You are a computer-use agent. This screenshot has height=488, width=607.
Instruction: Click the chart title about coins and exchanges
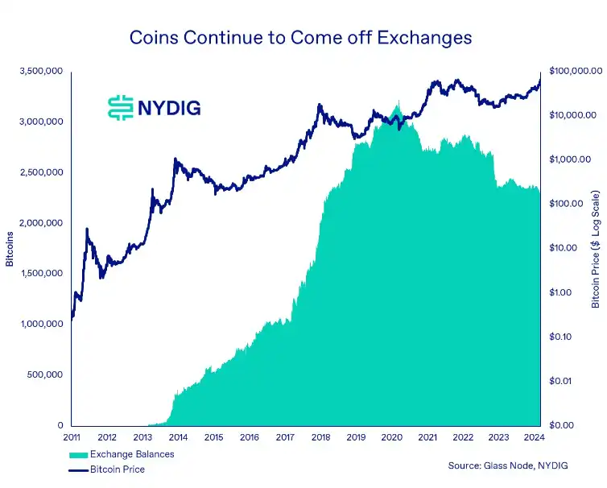click(x=300, y=38)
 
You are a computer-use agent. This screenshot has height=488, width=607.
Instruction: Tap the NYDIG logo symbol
click(x=121, y=107)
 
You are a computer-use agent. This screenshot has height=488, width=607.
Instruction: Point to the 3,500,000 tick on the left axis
click(x=42, y=72)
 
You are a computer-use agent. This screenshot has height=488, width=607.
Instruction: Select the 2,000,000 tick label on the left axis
click(x=42, y=223)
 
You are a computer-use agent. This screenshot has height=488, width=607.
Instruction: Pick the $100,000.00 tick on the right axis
click(x=572, y=72)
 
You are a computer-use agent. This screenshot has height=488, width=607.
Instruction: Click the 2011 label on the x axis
click(x=72, y=437)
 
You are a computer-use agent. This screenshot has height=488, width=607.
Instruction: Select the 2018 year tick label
click(x=320, y=437)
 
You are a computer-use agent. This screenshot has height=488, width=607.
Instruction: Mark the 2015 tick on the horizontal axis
click(x=213, y=437)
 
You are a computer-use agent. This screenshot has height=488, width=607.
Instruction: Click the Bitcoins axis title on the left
click(x=10, y=248)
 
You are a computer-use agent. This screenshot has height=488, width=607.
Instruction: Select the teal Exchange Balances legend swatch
click(x=79, y=455)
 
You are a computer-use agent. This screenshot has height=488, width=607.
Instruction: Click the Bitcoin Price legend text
click(x=118, y=469)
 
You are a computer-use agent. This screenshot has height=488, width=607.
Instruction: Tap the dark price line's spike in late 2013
click(x=175, y=159)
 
